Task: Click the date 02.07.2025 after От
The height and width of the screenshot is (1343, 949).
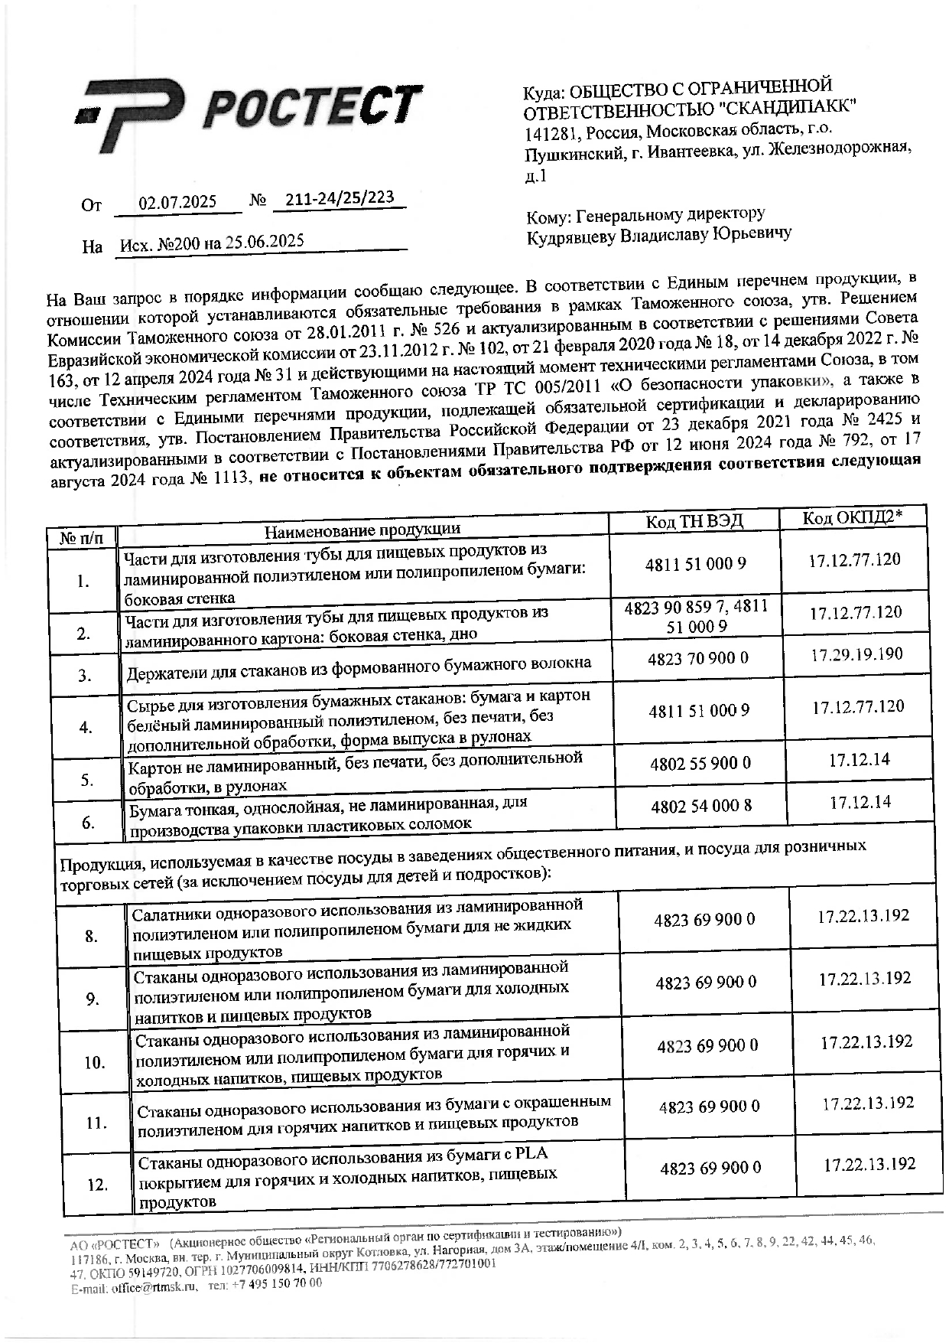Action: [177, 204]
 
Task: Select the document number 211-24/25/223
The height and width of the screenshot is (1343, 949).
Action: [339, 199]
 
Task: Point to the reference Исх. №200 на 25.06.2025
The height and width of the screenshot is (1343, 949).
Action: [213, 243]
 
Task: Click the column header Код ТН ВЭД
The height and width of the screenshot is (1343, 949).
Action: [694, 522]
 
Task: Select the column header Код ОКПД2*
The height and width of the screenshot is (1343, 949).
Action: [852, 518]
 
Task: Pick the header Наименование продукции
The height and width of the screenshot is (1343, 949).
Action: [362, 530]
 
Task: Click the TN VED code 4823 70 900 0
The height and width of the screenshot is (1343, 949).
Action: [698, 658]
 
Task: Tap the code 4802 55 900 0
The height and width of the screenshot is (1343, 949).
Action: [700, 763]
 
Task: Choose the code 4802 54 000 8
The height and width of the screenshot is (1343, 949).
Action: [701, 806]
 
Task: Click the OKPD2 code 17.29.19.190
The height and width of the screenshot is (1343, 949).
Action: [856, 654]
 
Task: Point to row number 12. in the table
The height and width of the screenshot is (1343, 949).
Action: [97, 1185]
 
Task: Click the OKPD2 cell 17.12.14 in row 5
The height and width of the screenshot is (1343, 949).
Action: [860, 760]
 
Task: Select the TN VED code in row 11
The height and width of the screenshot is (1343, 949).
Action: [709, 1106]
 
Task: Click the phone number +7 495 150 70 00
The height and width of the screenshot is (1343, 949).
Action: [277, 1284]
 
